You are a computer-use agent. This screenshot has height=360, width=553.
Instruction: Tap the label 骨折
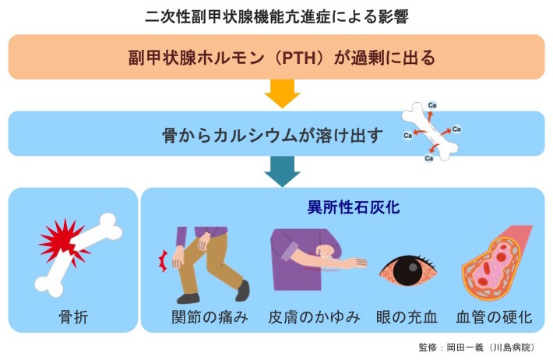pyautogui.click(x=72, y=317)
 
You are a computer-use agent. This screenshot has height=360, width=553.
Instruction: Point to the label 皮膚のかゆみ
pyautogui.click(x=314, y=317)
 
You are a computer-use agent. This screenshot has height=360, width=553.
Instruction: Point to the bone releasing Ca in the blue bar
pyautogui.click(x=430, y=132)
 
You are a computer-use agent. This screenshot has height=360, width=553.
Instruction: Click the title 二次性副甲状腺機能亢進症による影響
pyautogui.click(x=276, y=16)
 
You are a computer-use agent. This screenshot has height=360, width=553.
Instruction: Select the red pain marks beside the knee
pyautogui.click(x=163, y=259)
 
